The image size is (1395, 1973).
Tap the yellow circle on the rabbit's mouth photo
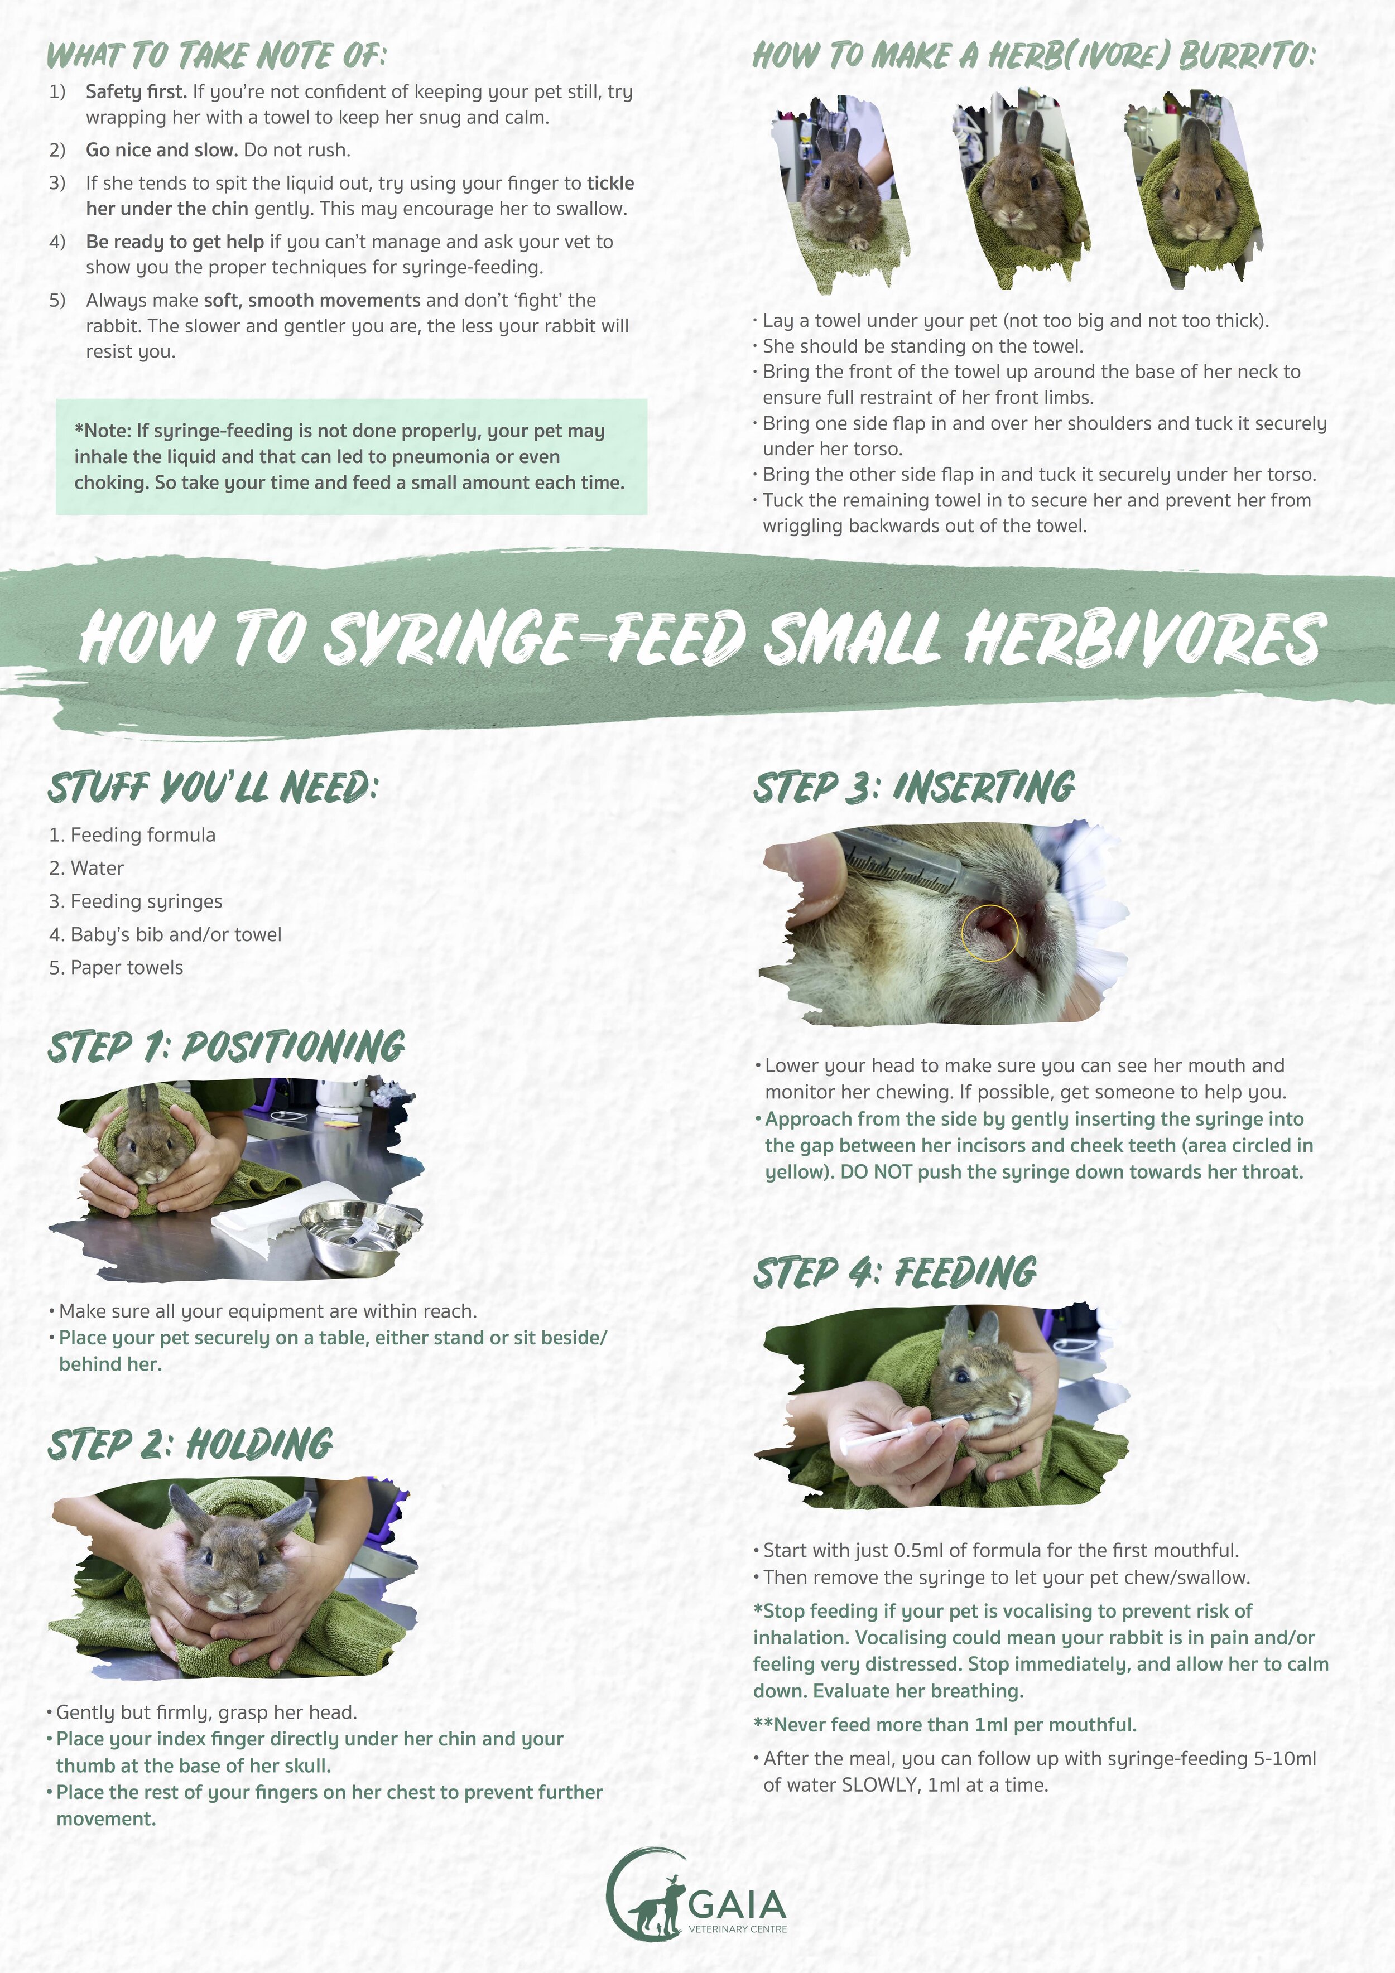[989, 932]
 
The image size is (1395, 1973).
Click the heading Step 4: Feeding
[895, 1272]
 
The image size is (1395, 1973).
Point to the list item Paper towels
[116, 968]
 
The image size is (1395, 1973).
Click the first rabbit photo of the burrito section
[840, 194]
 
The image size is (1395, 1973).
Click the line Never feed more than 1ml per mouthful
[945, 1725]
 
